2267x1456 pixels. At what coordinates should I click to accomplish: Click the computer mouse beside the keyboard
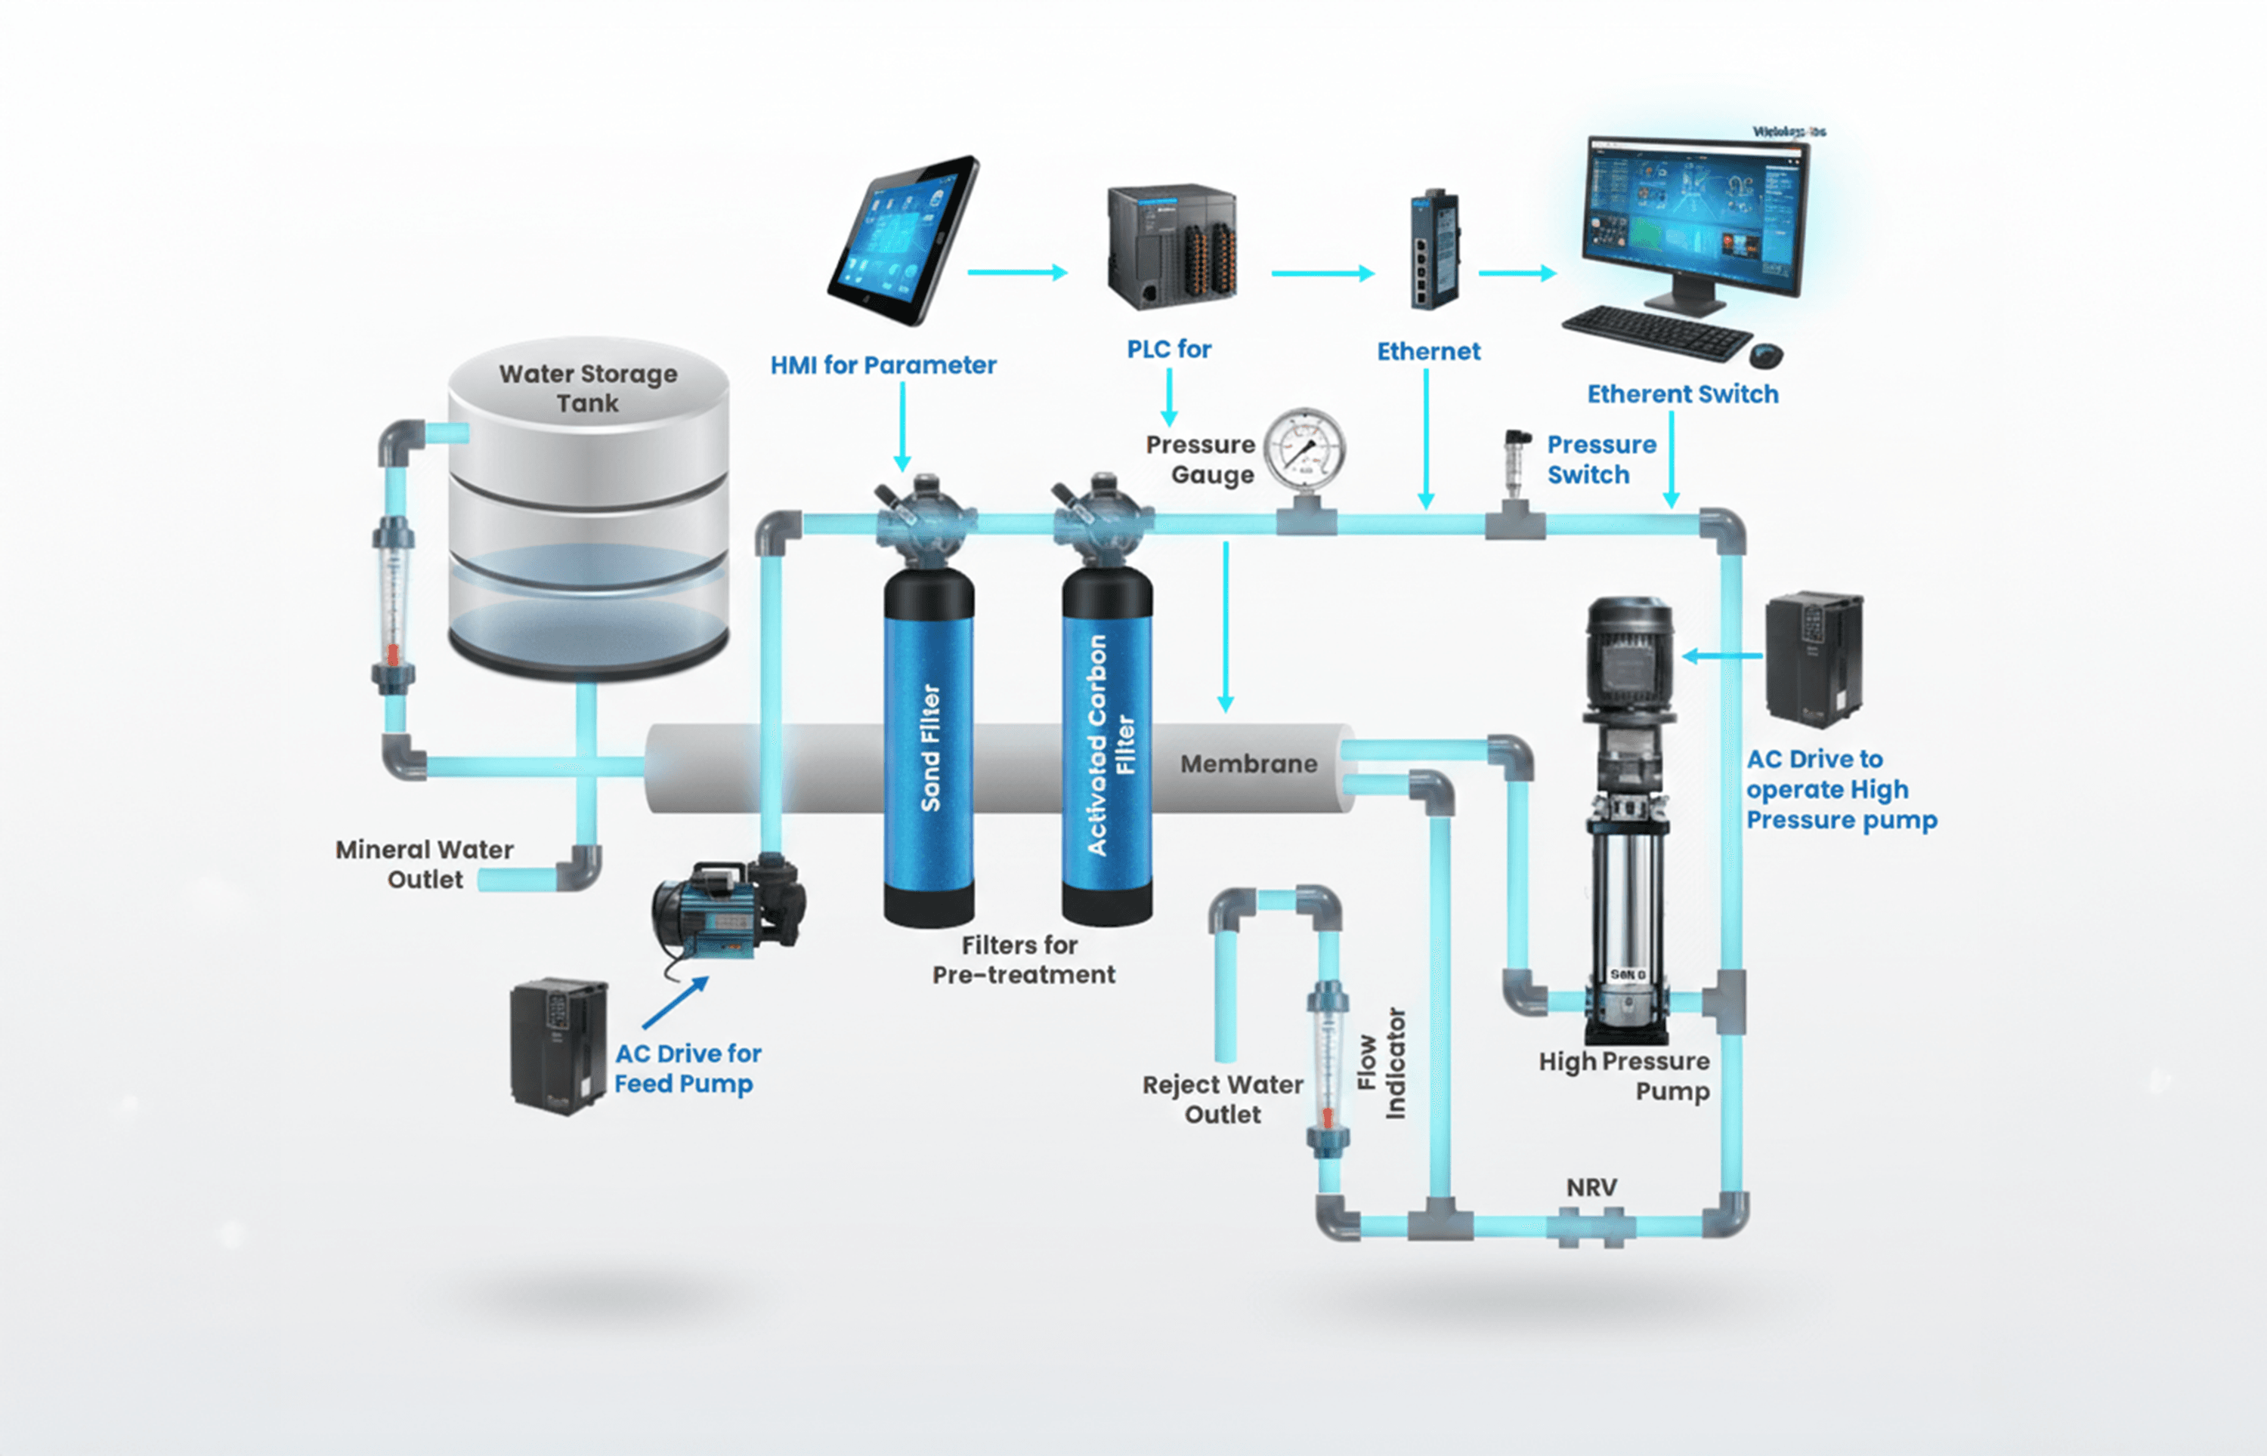[1766, 356]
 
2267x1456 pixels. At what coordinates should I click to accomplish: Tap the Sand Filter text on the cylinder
[931, 747]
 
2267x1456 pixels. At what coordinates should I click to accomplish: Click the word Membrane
[1248, 764]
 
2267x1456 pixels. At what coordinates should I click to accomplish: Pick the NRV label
[1591, 1187]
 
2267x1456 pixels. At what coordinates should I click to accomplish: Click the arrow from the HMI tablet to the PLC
[1016, 273]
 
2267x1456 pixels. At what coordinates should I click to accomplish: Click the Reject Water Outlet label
[1222, 1099]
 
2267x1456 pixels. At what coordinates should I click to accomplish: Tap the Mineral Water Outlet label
[425, 864]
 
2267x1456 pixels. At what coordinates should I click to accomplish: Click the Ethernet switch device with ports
[1433, 250]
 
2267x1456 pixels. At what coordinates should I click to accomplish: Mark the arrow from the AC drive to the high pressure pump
[1722, 656]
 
